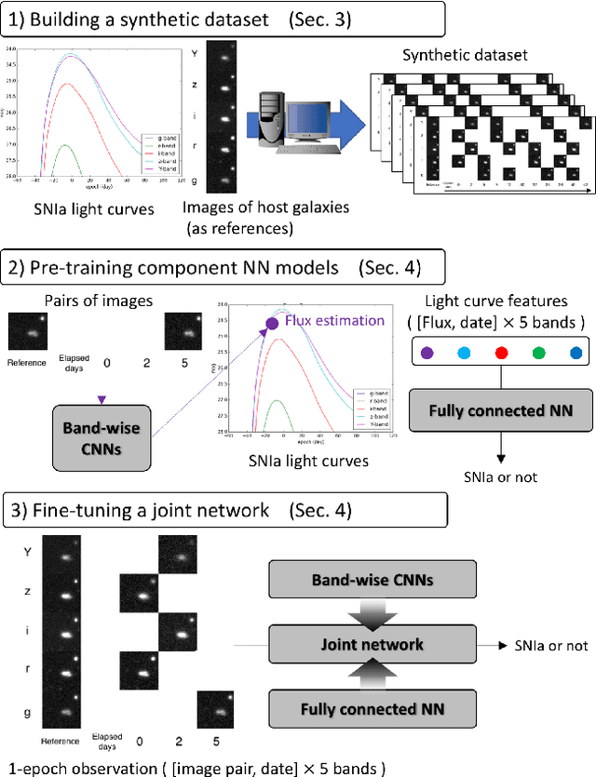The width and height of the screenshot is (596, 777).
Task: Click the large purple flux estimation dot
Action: tap(272, 324)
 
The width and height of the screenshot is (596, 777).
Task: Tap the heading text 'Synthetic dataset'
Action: tap(465, 55)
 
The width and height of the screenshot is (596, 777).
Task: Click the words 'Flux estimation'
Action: tap(334, 321)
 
